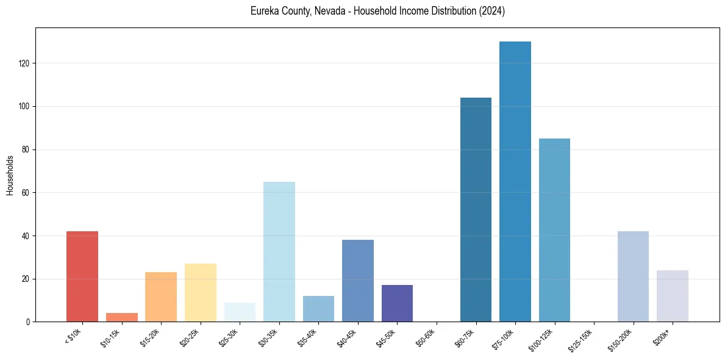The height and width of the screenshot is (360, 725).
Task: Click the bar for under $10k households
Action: (x=82, y=276)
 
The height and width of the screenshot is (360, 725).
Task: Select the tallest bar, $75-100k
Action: (x=515, y=182)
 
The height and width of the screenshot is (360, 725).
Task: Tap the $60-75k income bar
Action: (x=476, y=210)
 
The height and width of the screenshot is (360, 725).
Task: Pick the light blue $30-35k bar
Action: (x=279, y=251)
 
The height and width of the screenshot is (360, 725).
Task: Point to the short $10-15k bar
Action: (x=122, y=317)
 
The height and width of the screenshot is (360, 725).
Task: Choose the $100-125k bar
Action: (x=554, y=230)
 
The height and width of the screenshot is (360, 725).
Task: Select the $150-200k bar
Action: (x=633, y=276)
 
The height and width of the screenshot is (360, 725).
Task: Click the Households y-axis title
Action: (x=10, y=175)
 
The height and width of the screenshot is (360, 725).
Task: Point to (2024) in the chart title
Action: (x=493, y=12)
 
